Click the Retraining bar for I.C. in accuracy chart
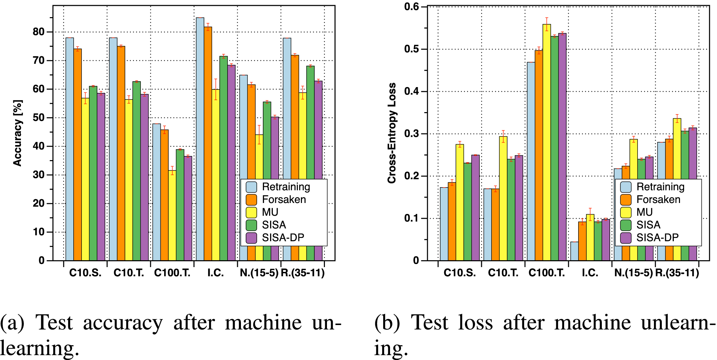pyautogui.click(x=200, y=137)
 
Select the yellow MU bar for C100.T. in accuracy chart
pyautogui.click(x=172, y=216)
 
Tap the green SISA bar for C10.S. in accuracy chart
pyautogui.click(x=93, y=171)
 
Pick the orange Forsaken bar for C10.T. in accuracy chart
pyautogui.click(x=121, y=154)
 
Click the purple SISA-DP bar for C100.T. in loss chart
pyautogui.click(x=562, y=147)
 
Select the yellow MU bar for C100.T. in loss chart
pyautogui.click(x=547, y=144)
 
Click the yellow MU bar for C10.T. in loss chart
pyautogui.click(x=503, y=199)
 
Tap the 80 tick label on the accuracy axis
pyautogui.click(x=39, y=32)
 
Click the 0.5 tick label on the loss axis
pyautogui.click(x=411, y=49)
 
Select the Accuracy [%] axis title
pyautogui.click(x=18, y=133)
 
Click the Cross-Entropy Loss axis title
pyautogui.click(x=392, y=133)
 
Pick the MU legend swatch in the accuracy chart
pyautogui.click(x=251, y=212)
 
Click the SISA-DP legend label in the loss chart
pyautogui.click(x=657, y=238)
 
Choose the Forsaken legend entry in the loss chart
pyautogui.click(x=658, y=200)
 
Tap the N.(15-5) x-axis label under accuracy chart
pyautogui.click(x=259, y=273)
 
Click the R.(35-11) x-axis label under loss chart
pyautogui.click(x=677, y=273)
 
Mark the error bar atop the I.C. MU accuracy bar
pyautogui.click(x=216, y=89)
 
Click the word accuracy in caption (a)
pyautogui.click(x=123, y=323)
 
